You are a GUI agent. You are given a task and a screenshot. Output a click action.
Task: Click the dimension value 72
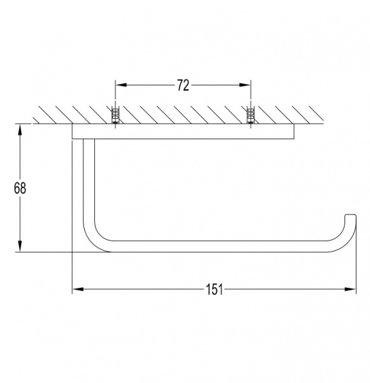tap(183, 86)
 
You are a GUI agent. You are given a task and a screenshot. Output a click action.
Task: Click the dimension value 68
tap(20, 188)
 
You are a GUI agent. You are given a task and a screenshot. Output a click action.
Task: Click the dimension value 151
tap(214, 289)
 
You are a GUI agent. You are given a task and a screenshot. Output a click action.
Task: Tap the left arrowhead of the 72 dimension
tap(121, 85)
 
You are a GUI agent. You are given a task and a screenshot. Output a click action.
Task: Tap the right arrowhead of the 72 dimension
tap(245, 85)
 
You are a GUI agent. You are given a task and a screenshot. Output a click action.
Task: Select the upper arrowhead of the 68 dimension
tap(20, 130)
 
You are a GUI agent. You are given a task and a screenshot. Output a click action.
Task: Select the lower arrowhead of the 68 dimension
tap(20, 246)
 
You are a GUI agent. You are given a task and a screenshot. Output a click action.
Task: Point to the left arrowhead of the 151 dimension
tap(78, 289)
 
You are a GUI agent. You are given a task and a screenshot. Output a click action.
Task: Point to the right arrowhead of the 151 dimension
tap(350, 289)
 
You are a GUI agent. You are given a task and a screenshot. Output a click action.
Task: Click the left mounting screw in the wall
tap(115, 116)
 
